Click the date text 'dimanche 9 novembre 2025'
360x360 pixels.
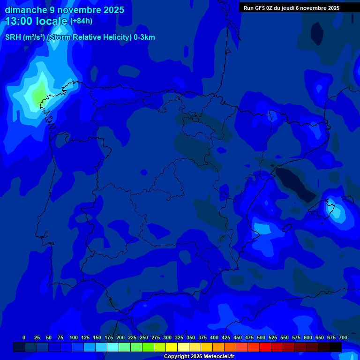pos(64,10)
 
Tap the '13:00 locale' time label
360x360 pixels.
pos(37,21)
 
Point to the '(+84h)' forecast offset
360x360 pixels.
pos(81,21)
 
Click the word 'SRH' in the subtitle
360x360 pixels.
pos(13,37)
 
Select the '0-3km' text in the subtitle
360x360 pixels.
pos(144,37)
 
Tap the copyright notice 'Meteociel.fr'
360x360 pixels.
pos(218,357)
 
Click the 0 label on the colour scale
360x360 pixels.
pos(24,337)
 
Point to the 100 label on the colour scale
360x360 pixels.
pos(74,337)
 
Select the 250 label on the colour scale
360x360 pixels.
pos(144,337)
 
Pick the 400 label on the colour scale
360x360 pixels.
pos(214,337)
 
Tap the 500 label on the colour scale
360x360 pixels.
pos(261,337)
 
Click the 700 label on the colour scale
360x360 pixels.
pos(343,337)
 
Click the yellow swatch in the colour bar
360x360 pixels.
pos(172,347)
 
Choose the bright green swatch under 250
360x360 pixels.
pos(148,347)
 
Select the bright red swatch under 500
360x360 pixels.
pos(265,347)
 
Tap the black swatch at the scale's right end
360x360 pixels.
pos(336,347)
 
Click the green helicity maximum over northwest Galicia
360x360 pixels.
pos(38,95)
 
